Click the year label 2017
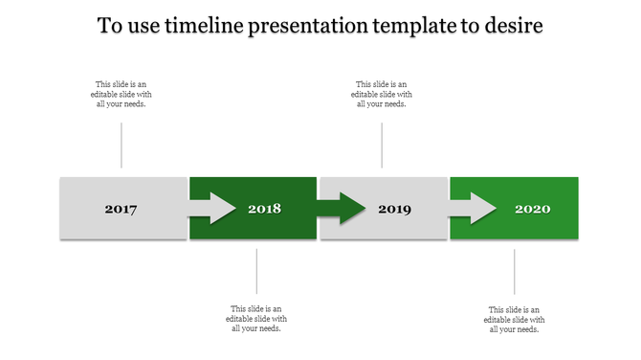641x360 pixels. (x=122, y=209)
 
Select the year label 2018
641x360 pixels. (x=264, y=209)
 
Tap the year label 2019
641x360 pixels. (x=394, y=209)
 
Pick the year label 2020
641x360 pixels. (x=532, y=209)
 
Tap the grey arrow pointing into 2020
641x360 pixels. (x=473, y=208)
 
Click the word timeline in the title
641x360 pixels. (x=203, y=26)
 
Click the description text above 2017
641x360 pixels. (x=122, y=94)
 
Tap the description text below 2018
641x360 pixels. (x=256, y=319)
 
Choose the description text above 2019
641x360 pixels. (x=382, y=94)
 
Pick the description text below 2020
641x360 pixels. (x=515, y=319)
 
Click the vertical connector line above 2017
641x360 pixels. (x=122, y=146)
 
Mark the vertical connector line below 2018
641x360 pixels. (x=256, y=271)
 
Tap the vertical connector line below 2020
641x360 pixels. (x=515, y=271)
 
